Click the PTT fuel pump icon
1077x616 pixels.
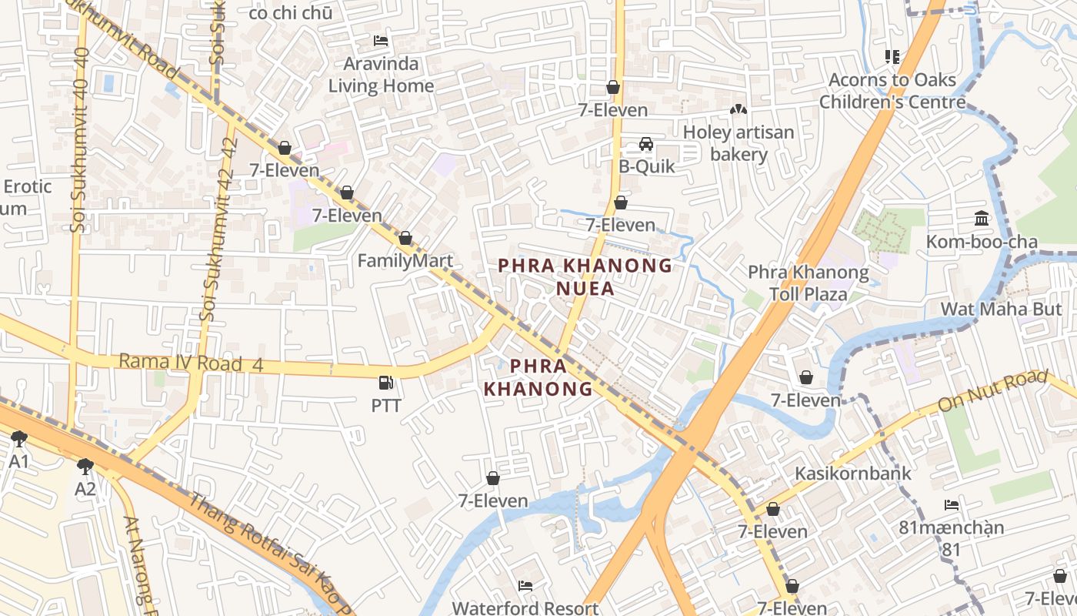click(x=385, y=383)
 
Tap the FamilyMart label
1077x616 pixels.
click(x=405, y=261)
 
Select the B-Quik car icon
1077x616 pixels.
click(x=646, y=144)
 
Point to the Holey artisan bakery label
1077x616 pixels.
click(x=738, y=143)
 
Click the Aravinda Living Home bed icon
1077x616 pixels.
click(x=380, y=40)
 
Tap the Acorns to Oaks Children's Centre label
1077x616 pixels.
click(x=892, y=91)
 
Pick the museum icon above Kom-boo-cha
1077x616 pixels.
click(x=982, y=219)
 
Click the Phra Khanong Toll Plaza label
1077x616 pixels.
click(x=808, y=283)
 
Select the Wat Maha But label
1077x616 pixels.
click(x=1004, y=309)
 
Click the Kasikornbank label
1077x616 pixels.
click(x=852, y=473)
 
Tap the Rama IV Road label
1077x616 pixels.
click(x=190, y=363)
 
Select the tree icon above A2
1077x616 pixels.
click(x=85, y=466)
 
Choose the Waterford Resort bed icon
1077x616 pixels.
click(x=525, y=586)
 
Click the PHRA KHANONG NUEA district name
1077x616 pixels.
click(x=585, y=276)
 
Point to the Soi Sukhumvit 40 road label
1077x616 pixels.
click(x=80, y=139)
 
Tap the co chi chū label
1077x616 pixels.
click(x=291, y=12)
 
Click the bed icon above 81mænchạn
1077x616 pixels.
click(x=952, y=505)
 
